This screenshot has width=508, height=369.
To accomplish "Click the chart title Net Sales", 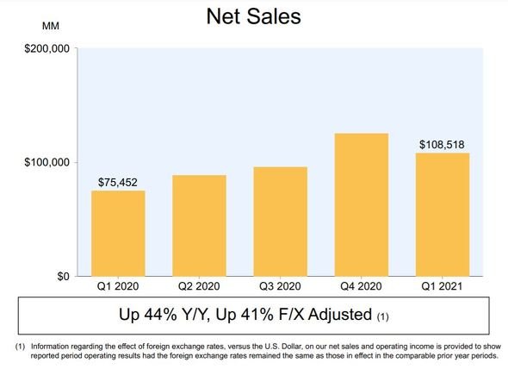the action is click(x=254, y=16).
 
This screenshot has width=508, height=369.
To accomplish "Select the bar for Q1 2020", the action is click(x=118, y=234).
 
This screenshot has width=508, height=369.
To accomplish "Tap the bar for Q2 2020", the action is click(x=199, y=226).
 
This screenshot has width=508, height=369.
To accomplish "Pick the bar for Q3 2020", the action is click(x=281, y=222).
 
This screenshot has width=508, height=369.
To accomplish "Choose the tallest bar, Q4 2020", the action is click(x=362, y=204).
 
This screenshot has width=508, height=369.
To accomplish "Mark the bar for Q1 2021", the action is click(x=443, y=215).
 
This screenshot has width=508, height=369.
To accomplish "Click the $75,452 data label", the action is click(x=118, y=183).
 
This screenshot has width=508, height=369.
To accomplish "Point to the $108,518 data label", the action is click(x=442, y=145).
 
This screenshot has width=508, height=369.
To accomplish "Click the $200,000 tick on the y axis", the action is click(x=47, y=48).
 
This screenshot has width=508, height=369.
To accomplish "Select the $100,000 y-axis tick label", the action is click(x=47, y=162).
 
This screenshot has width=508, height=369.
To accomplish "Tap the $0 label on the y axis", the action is click(x=64, y=276).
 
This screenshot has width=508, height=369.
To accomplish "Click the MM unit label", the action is click(x=51, y=26).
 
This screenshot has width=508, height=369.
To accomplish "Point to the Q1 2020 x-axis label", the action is click(x=118, y=286).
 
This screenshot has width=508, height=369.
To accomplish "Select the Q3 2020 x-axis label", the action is click(x=280, y=286).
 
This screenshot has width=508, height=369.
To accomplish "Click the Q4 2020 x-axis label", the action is click(x=362, y=286).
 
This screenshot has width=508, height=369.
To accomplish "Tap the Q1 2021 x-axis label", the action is click(x=442, y=286).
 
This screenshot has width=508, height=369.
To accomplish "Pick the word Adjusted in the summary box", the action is click(x=340, y=315).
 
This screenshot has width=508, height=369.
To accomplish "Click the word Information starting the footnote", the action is click(x=50, y=347).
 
